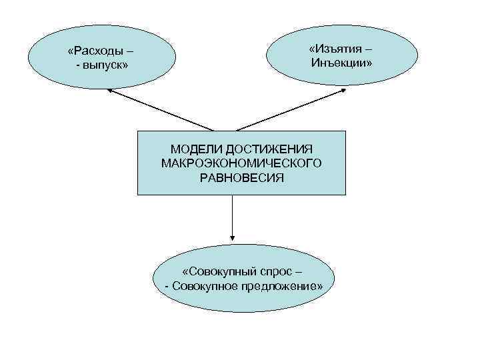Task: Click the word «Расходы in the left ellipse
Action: [95, 51]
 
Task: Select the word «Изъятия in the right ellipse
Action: [333, 49]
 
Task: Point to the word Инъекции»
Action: [341, 63]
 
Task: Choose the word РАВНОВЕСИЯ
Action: [241, 178]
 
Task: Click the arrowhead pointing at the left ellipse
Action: [111, 91]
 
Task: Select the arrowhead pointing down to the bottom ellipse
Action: [233, 237]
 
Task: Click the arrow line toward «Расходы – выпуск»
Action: [163, 111]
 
